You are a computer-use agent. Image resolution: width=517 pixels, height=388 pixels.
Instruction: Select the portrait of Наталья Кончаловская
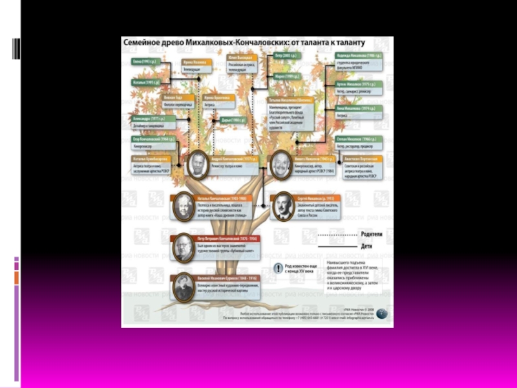point(183,206)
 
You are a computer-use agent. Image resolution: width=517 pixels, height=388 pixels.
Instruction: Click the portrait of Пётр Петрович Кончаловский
point(183,247)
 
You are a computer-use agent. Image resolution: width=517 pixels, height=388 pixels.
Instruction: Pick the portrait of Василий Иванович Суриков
point(183,286)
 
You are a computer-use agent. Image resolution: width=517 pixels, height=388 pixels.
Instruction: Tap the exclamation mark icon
point(278,268)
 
